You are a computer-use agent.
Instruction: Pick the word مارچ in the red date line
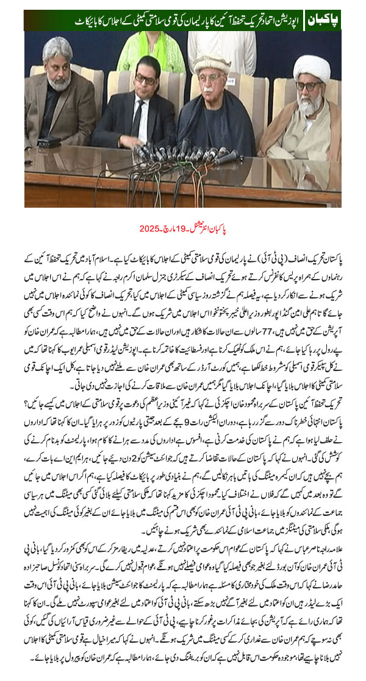(173, 230)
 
